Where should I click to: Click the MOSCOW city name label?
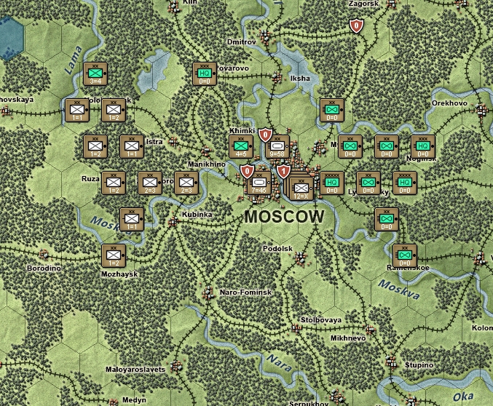tap(284, 217)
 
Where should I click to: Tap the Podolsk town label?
tap(277, 248)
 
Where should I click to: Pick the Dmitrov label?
tap(242, 42)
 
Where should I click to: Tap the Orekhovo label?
tap(449, 103)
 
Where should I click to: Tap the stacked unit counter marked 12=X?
tap(300, 188)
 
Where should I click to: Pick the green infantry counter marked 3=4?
tap(95, 73)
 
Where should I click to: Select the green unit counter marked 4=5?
tap(241, 146)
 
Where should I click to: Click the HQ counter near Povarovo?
tap(205, 73)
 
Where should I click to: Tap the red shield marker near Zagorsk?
tap(356, 26)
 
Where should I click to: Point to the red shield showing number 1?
tap(283, 172)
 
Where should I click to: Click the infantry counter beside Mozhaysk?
tap(114, 255)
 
